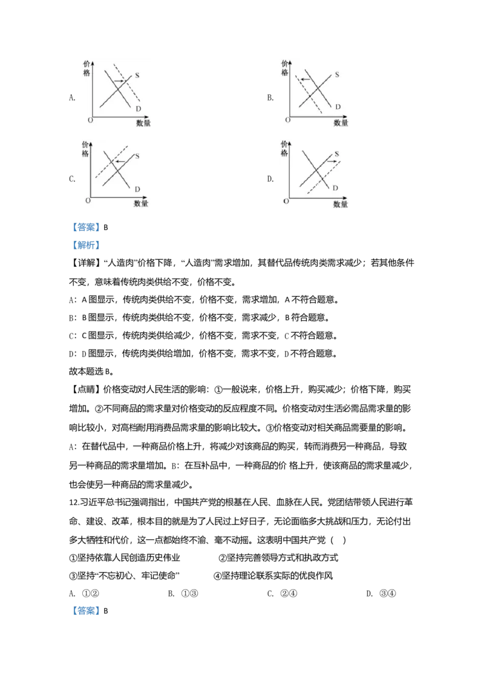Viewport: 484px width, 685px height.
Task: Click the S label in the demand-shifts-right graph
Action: pos(137,76)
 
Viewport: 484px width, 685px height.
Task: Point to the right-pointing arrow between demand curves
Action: pos(119,80)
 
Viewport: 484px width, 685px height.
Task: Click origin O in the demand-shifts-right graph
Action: pos(90,120)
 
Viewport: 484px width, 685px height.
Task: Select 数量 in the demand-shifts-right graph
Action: pos(143,123)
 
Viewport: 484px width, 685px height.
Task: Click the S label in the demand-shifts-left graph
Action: pos(336,76)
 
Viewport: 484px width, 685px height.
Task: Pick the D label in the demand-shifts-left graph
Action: pos(338,107)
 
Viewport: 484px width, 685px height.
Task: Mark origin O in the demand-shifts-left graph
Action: pos(288,120)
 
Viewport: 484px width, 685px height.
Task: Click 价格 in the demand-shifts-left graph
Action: pos(285,67)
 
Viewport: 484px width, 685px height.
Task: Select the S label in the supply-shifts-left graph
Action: pos(137,156)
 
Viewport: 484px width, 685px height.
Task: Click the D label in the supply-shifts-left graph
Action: pos(137,189)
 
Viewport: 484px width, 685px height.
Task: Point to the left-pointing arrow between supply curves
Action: pos(120,162)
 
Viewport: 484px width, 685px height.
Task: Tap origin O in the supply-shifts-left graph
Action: pos(88,200)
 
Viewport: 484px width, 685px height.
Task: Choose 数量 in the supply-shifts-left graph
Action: pos(141,204)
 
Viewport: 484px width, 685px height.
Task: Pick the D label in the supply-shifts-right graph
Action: pos(335,188)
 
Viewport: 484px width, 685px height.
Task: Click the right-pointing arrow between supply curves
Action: pos(332,162)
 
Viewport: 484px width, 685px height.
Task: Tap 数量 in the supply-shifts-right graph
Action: pos(341,205)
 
